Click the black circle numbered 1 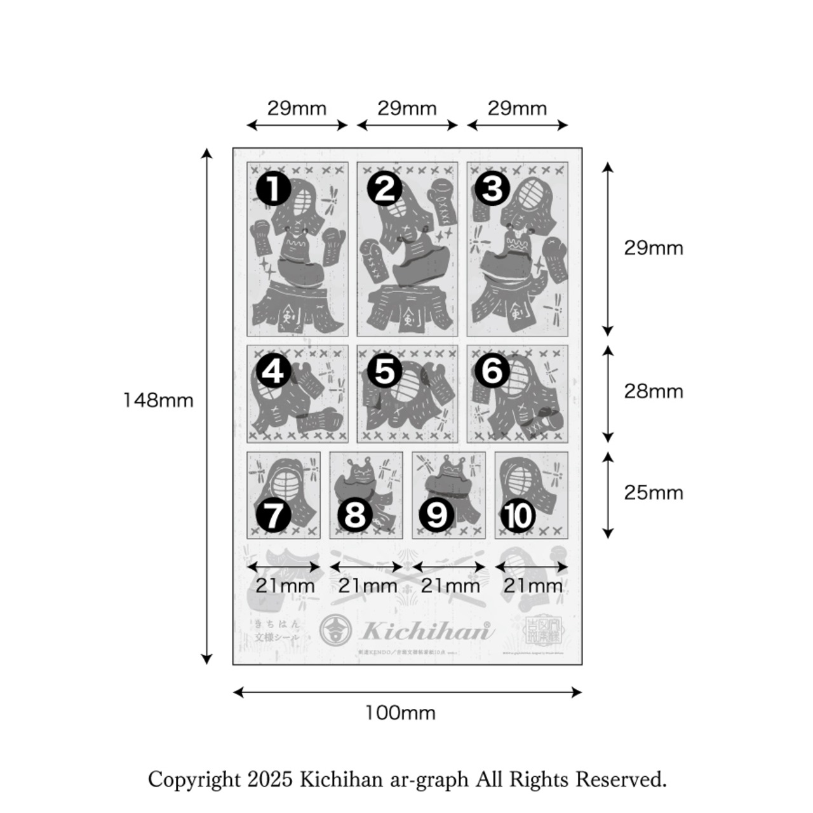[x=273, y=189]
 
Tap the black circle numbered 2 [x=384, y=189]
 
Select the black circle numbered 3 [x=493, y=189]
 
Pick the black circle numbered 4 [x=273, y=372]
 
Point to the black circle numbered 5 [x=384, y=372]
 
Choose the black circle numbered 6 [x=493, y=372]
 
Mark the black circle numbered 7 [x=273, y=516]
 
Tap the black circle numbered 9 [x=436, y=516]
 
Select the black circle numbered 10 [x=518, y=516]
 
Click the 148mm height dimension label [x=158, y=400]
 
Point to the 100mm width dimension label [x=400, y=713]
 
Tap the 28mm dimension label [x=653, y=391]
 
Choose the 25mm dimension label [x=653, y=493]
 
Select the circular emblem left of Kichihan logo [x=337, y=629]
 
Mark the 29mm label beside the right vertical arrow [x=653, y=248]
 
